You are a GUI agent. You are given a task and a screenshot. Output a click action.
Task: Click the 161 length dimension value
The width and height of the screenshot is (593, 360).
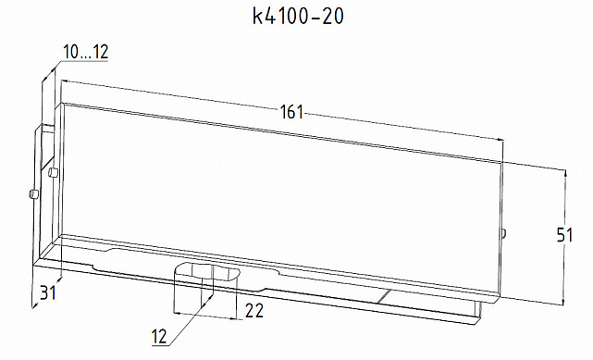(291, 113)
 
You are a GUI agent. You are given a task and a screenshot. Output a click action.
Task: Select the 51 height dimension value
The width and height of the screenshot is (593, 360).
(578, 235)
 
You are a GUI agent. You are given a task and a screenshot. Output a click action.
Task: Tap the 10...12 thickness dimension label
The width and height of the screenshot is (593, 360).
(86, 52)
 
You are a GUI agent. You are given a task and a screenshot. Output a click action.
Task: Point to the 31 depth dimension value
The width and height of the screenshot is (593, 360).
(46, 293)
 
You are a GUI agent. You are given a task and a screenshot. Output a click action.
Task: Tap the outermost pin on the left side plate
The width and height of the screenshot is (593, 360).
(32, 194)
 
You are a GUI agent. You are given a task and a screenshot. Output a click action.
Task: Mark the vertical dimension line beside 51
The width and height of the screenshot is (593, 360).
(563, 237)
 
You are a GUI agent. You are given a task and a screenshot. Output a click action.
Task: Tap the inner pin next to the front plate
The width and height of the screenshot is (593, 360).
(54, 172)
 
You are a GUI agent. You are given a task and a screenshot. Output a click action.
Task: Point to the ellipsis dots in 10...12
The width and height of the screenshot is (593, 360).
(86, 56)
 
